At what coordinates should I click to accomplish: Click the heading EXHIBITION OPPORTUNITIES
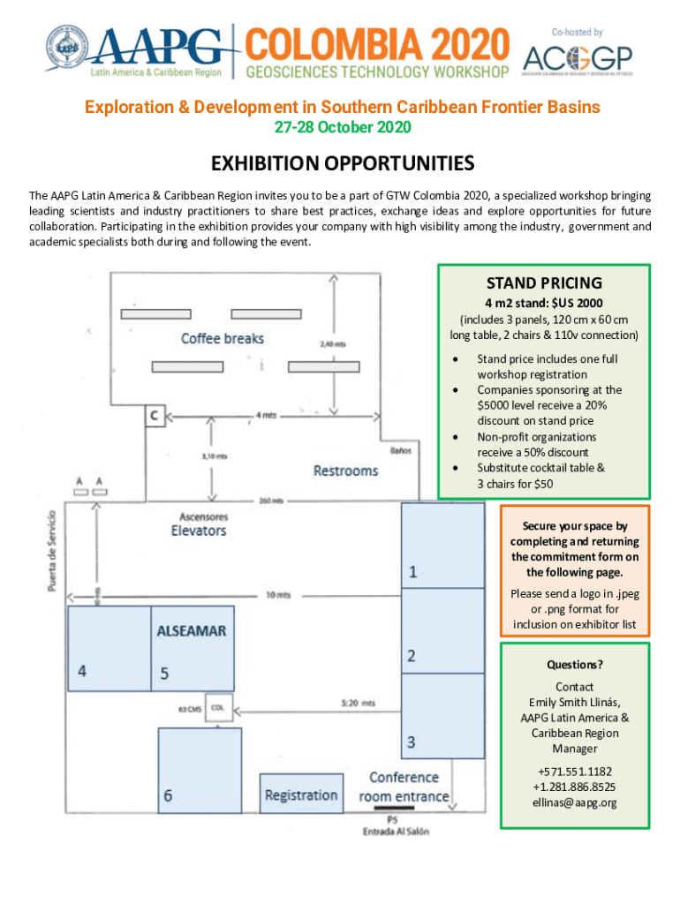342,164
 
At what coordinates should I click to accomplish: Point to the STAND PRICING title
544,283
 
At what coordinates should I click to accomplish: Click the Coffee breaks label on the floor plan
223,338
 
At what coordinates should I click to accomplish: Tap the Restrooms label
345,471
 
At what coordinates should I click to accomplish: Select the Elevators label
199,531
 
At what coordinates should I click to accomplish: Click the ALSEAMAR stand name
192,631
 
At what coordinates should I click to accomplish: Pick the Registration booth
300,795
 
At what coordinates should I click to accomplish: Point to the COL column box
218,708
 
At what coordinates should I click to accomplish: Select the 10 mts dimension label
278,595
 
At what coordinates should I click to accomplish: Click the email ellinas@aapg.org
574,802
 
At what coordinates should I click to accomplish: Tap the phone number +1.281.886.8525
574,787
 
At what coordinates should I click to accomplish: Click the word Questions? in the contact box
574,665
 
